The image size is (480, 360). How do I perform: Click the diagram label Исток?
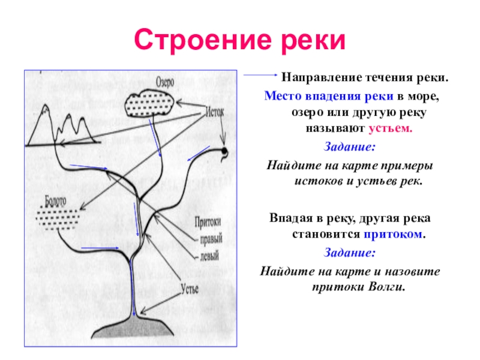tap(215, 112)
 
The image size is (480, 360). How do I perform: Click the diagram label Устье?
tap(190, 289)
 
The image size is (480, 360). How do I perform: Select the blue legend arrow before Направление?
tap(260, 77)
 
